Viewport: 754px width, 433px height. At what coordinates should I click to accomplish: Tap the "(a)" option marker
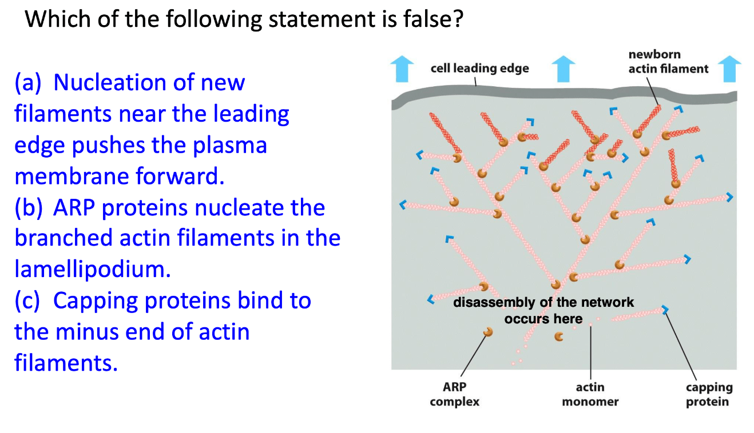27,83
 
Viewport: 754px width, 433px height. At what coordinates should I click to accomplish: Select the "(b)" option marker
28,208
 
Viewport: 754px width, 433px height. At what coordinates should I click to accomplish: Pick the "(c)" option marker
27,300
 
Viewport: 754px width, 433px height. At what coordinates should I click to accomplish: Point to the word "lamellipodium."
93,269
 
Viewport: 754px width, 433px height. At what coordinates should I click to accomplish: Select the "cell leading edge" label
479,69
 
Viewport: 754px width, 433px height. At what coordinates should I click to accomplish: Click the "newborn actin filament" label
668,62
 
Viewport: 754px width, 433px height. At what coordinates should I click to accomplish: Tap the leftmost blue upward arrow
402,69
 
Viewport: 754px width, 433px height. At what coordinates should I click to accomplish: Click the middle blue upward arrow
563,69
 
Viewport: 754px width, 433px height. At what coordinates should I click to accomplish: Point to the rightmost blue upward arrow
729,69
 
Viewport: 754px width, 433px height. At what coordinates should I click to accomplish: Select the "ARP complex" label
454,394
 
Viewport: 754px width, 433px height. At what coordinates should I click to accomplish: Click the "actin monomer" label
590,394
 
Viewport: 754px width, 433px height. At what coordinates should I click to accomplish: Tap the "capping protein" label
709,394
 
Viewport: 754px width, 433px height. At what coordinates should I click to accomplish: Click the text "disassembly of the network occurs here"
543,310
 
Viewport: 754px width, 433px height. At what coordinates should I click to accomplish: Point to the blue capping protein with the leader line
665,310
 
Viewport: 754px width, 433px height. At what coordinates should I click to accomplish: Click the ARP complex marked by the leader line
488,332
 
